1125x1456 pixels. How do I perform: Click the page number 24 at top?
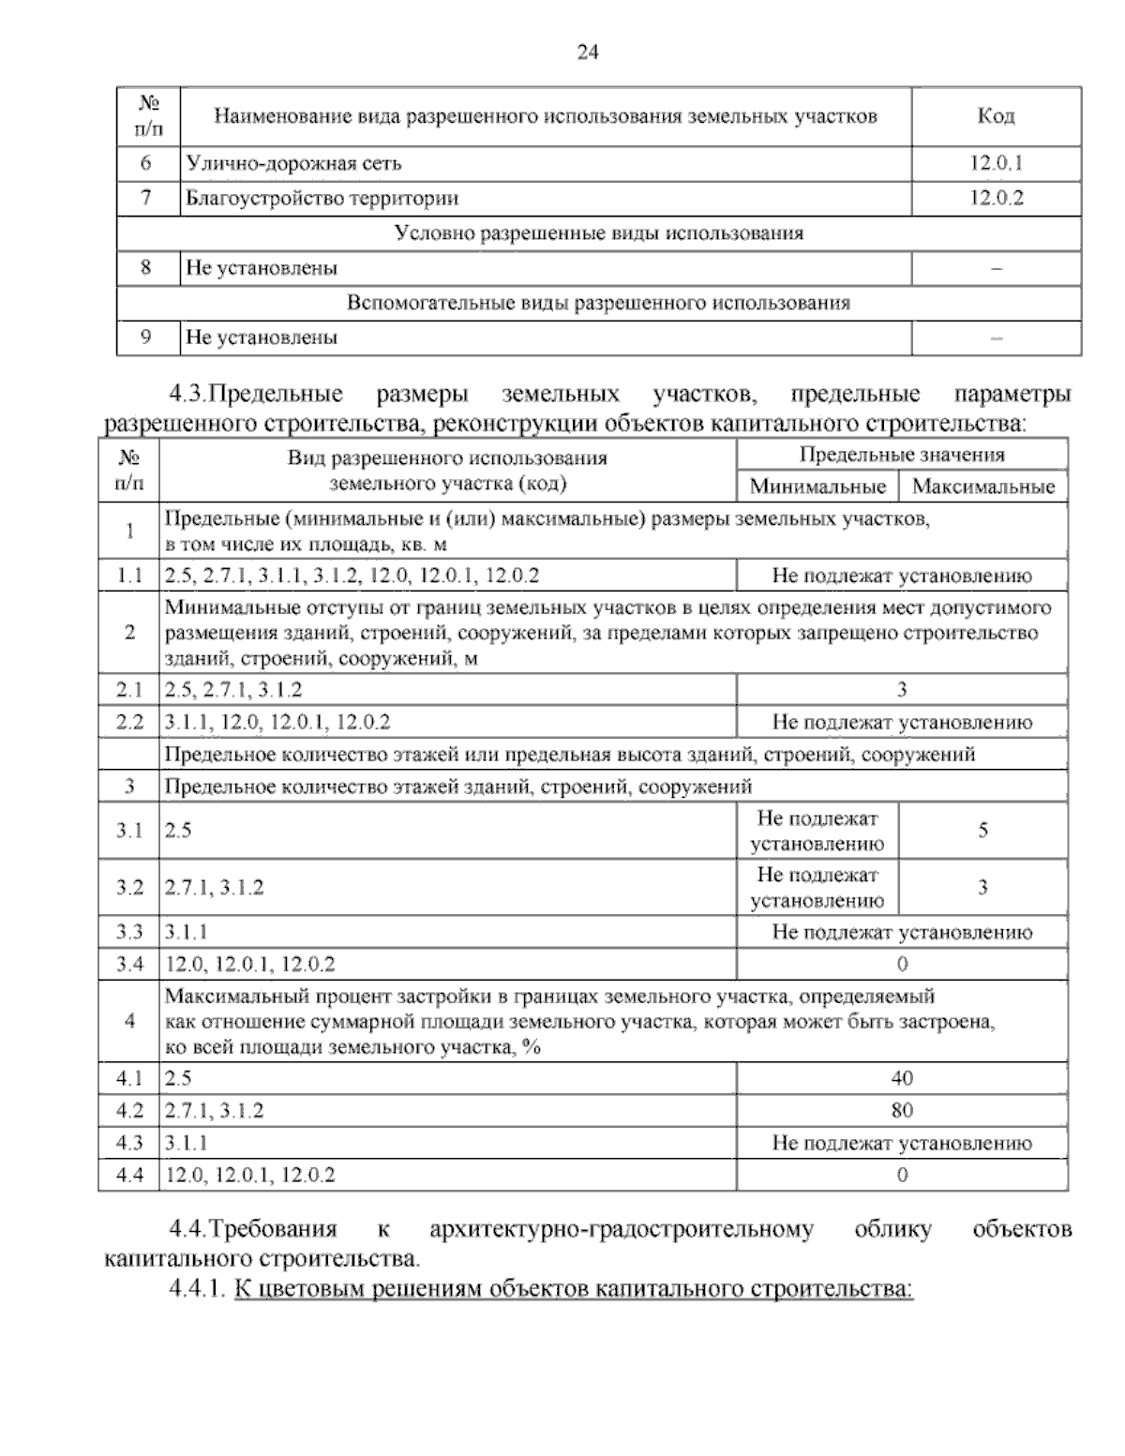[x=587, y=53]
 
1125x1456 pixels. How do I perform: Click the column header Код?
[x=996, y=116]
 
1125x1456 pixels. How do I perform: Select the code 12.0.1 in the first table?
[x=996, y=163]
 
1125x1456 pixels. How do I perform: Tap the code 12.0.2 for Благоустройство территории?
[x=996, y=198]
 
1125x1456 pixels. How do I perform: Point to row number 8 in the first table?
[x=146, y=267]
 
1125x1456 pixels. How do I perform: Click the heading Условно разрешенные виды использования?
[x=599, y=233]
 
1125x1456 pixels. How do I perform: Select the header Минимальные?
[x=817, y=487]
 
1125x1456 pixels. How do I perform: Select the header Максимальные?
[x=983, y=487]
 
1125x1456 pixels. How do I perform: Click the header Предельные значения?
[x=902, y=456]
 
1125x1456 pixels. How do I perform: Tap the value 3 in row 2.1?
[x=902, y=691]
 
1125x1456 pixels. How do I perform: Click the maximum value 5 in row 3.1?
[x=982, y=831]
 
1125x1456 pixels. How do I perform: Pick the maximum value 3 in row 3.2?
[x=982, y=887]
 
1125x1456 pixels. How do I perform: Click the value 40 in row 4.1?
[x=902, y=1078]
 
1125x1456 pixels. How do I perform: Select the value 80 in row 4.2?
[x=902, y=1111]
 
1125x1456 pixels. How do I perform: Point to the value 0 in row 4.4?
[x=902, y=1175]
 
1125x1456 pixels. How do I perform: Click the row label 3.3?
[x=128, y=932]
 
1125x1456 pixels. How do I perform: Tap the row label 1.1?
[x=128, y=576]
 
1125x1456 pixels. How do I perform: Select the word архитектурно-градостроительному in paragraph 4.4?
[x=622, y=1229]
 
